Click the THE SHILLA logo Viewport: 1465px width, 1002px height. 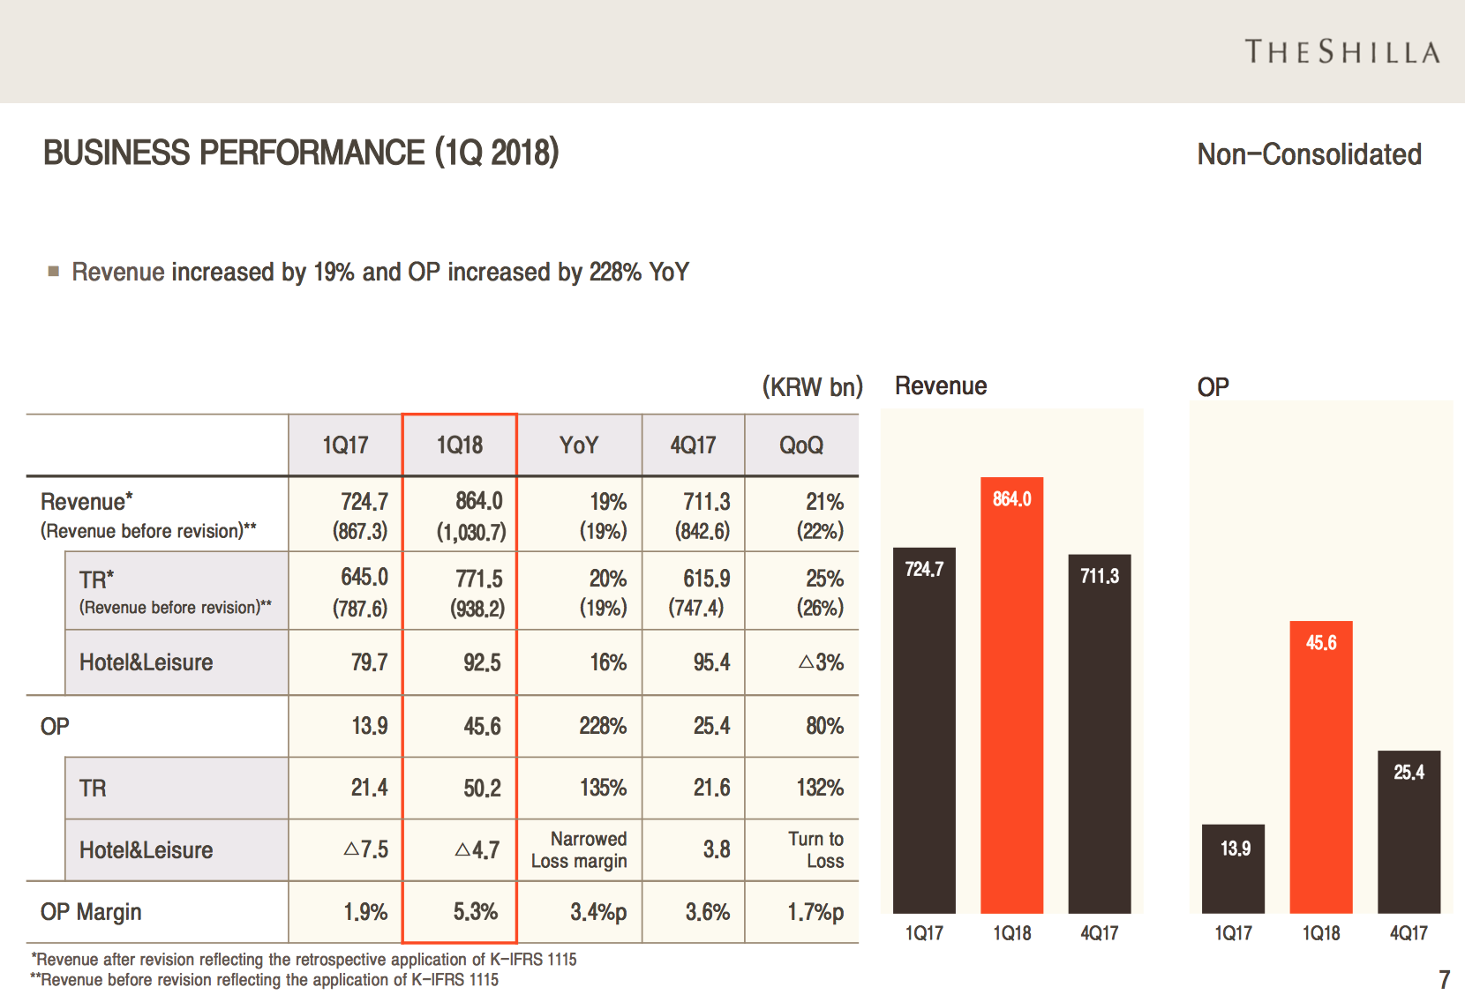(1342, 52)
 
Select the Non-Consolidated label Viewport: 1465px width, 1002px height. (1309, 154)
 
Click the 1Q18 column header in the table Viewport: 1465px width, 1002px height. (459, 445)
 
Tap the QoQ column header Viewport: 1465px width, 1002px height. (800, 445)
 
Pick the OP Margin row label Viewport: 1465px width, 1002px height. (91, 912)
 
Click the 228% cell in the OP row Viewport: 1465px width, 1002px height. (603, 726)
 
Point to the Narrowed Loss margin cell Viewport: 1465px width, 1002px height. (579, 849)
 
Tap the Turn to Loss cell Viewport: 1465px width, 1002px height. (816, 849)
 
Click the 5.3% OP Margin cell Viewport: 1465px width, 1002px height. (476, 912)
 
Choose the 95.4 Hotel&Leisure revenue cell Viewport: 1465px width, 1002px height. (711, 662)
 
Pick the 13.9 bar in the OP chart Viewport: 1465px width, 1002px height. (1233, 869)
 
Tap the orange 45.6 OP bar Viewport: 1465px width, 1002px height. (1320, 766)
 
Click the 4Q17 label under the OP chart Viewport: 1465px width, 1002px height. (1408, 933)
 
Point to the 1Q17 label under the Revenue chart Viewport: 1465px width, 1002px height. (924, 933)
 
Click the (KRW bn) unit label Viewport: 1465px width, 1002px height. (812, 386)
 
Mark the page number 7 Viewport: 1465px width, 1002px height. (1444, 980)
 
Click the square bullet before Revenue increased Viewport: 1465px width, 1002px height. (54, 272)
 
